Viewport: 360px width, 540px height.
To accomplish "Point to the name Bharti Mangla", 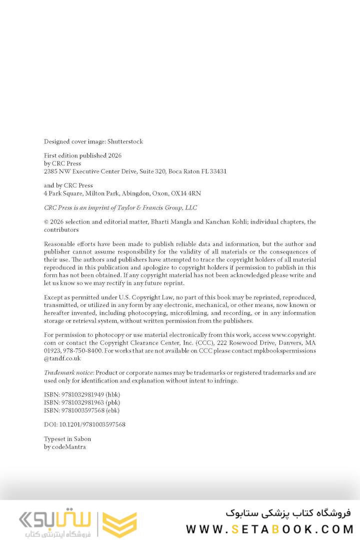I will (x=163, y=221).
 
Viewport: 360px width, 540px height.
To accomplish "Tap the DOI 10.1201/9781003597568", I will (x=92, y=424).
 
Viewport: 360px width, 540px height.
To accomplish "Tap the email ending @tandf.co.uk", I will (x=62, y=358).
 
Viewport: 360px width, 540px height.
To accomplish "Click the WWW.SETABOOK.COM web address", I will (x=270, y=529).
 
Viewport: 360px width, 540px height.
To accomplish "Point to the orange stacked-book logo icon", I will (x=119, y=524).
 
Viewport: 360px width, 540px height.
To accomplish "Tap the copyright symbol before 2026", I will (x=46, y=222).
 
